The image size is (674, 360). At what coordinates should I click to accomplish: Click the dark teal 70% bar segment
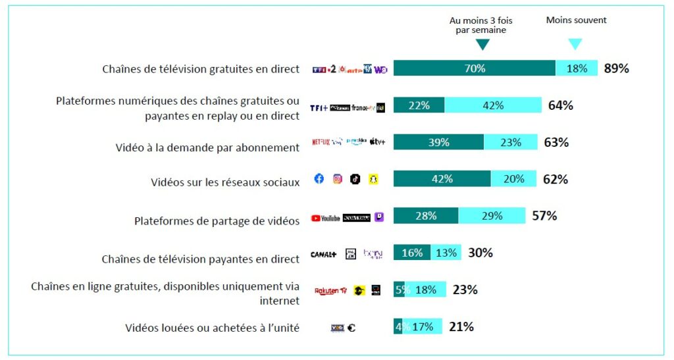(475, 68)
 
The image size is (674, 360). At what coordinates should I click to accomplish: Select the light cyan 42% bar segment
(493, 105)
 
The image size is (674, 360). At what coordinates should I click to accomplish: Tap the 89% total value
(616, 68)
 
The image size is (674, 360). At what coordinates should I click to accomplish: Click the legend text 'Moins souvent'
(576, 20)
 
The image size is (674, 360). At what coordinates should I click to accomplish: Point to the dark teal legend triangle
(482, 44)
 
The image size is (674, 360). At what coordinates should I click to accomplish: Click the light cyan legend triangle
(575, 44)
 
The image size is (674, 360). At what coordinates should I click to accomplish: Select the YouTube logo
(325, 217)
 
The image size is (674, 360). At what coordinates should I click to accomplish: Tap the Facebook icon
(319, 179)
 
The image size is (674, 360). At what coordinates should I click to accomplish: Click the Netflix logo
(321, 141)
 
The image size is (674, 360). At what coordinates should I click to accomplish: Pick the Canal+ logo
(324, 254)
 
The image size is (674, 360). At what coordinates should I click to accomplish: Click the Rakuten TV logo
(330, 290)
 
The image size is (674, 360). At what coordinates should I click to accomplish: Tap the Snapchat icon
(373, 179)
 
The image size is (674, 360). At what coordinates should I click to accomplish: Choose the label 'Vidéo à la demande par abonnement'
(207, 147)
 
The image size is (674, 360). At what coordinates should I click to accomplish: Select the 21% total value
(461, 326)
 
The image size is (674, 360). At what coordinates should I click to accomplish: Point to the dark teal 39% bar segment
(438, 142)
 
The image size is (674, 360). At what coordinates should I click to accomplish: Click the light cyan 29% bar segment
(492, 216)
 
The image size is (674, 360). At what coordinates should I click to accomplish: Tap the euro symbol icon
(351, 327)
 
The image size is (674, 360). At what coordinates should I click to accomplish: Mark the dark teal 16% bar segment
(412, 253)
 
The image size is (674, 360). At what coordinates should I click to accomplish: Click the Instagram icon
(338, 179)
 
